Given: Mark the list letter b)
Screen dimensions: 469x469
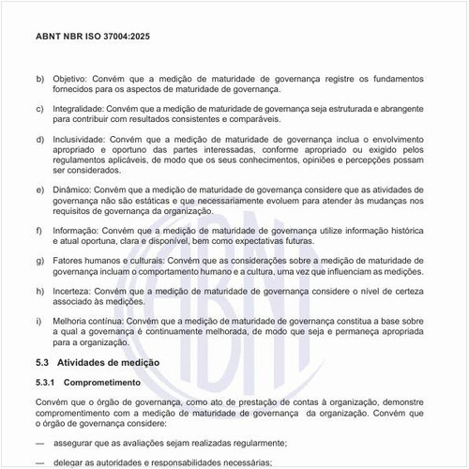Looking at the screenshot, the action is pyautogui.click(x=39, y=79).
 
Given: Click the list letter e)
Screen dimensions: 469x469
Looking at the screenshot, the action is pyautogui.click(x=39, y=190).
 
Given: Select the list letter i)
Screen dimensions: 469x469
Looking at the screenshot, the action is pyautogui.click(x=38, y=321).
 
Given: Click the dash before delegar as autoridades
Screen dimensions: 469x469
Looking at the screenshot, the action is pyautogui.click(x=39, y=463).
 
